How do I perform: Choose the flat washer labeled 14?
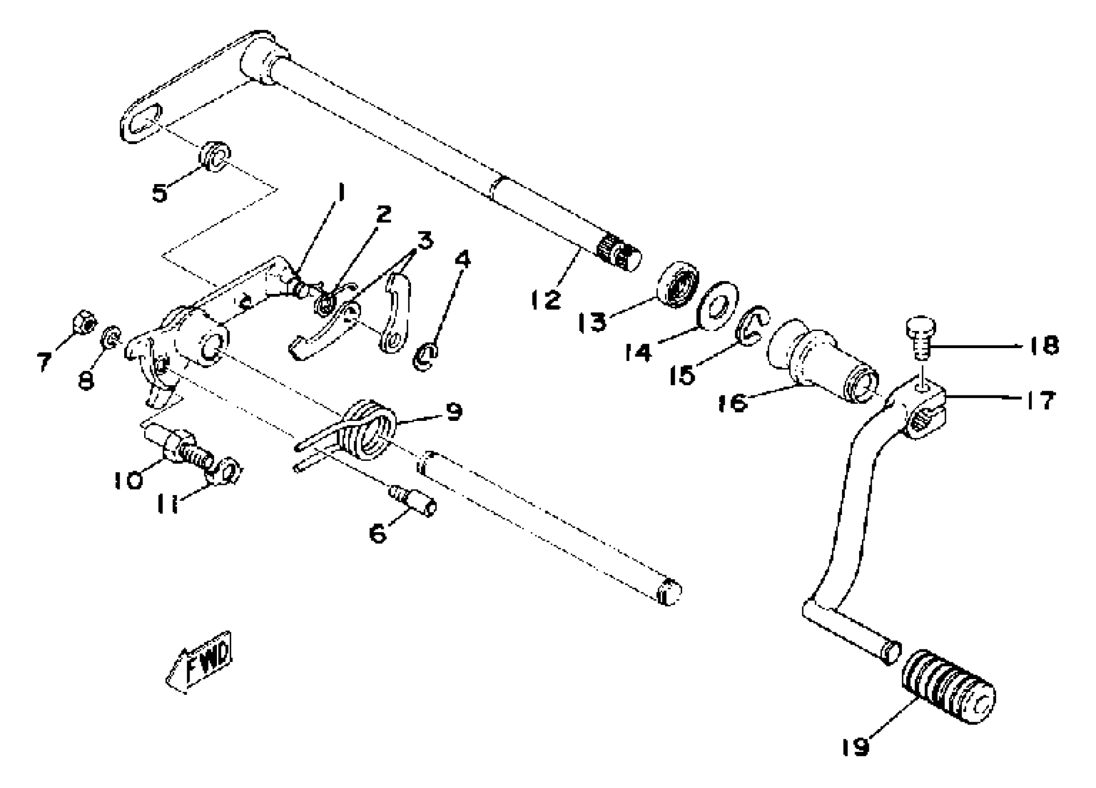(x=718, y=306)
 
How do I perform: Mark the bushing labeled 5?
(x=214, y=156)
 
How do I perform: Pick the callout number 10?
(x=128, y=480)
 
